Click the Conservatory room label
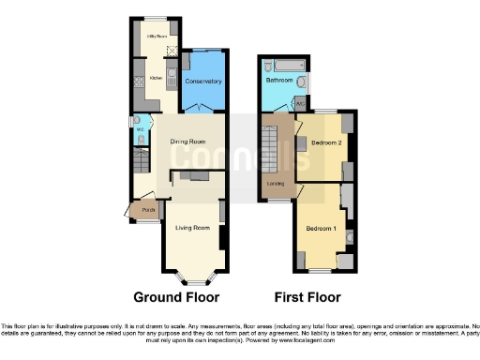[x=203, y=82]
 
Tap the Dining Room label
[x=187, y=142]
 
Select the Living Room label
[x=191, y=227]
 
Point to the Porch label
[x=148, y=211]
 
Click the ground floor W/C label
[x=140, y=130]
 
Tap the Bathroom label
[x=278, y=81]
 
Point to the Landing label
[x=276, y=183]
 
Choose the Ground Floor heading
[x=176, y=297]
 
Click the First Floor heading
[x=307, y=297]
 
